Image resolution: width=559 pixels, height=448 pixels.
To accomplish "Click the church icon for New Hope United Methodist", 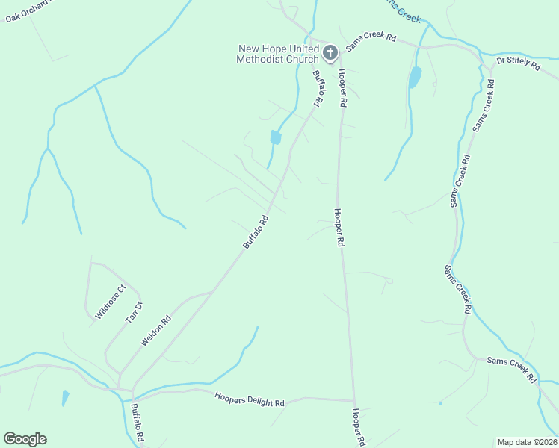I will tap(330, 53).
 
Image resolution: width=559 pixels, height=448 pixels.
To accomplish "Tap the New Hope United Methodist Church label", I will tap(279, 53).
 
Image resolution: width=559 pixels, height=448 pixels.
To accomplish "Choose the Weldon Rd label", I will tap(156, 331).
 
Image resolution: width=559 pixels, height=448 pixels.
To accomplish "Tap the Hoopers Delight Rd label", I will tap(250, 400).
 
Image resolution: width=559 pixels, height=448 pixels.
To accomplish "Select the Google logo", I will tap(25, 439).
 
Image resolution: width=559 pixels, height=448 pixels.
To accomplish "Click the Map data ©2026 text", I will tap(526, 442).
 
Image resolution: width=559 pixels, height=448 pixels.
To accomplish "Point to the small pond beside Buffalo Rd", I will tap(276, 137).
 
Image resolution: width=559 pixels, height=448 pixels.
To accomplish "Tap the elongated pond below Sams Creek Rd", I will tap(415, 76).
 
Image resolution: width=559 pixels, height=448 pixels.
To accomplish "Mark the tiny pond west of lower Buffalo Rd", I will tap(65, 396).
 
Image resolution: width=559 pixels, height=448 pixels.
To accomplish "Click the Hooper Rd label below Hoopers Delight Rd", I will tap(359, 427).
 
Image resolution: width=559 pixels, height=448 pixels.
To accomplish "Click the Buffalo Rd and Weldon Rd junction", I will tap(213, 290).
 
